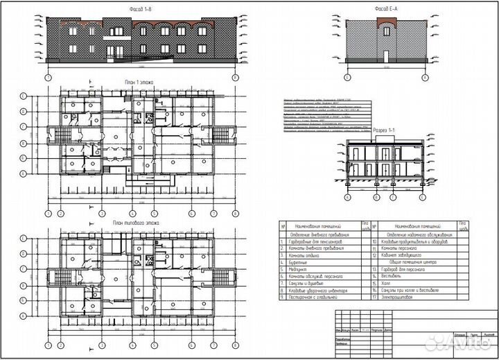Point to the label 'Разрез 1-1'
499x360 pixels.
click(386, 130)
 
